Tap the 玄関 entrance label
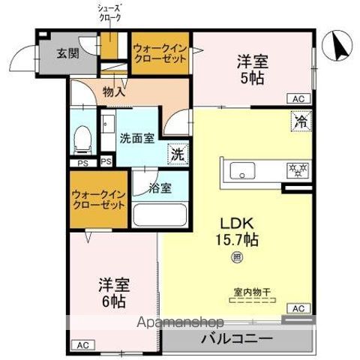68,53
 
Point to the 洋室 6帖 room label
114,292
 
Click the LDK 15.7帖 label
238,232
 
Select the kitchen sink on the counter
244,169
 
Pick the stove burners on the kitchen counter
295,169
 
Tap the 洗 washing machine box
178,154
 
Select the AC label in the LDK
298,308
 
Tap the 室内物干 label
250,292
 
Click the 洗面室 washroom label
137,138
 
